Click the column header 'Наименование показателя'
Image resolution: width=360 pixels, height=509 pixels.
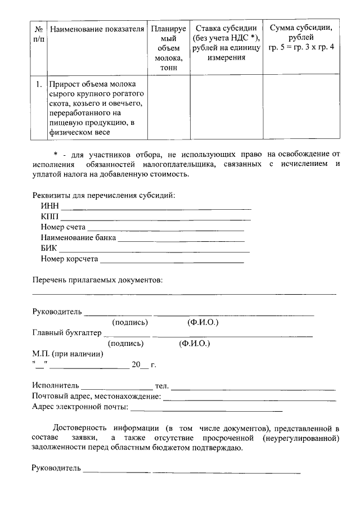[96, 29]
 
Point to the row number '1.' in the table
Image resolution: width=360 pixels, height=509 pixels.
[38, 84]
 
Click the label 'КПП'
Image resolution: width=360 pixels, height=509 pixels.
[49, 218]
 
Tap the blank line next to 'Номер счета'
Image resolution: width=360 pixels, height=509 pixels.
[165, 230]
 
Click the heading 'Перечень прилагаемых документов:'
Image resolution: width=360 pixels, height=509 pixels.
[97, 280]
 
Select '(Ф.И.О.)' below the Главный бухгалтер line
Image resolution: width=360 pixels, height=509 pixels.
[193, 343]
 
